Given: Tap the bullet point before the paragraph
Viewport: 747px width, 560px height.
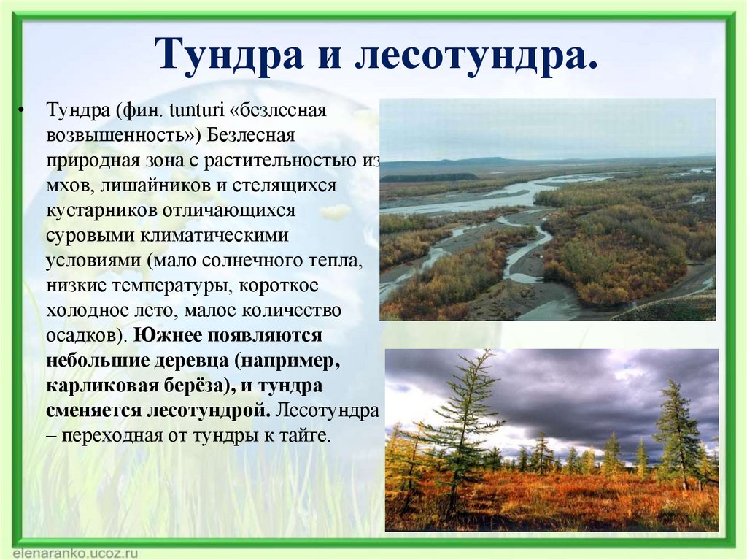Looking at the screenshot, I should click(x=21, y=111).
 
